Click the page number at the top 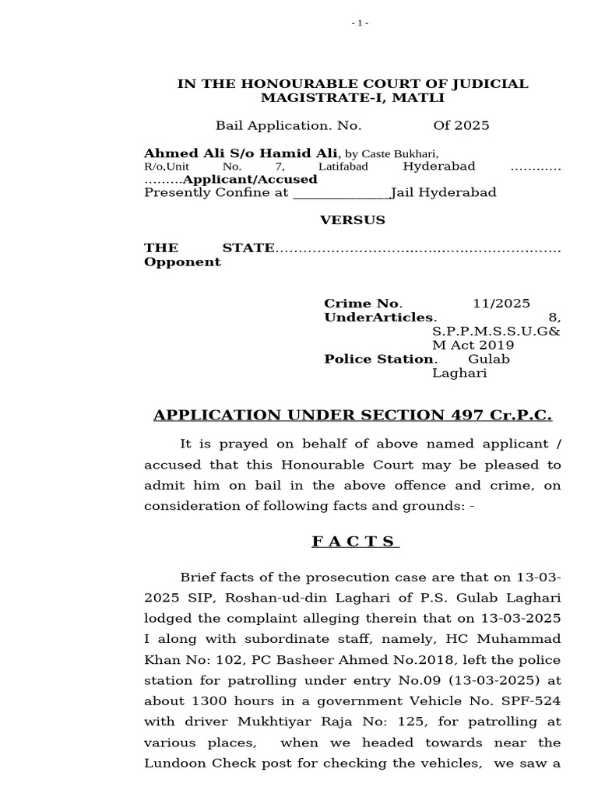click(x=359, y=23)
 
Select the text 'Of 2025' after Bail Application click(x=461, y=125)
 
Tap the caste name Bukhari click(x=418, y=153)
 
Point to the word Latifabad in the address click(x=343, y=167)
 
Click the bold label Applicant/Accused click(x=250, y=179)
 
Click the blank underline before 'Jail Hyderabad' click(x=341, y=193)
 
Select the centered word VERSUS click(x=353, y=220)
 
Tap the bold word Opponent click(x=182, y=262)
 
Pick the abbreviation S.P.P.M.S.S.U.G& click(x=496, y=332)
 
